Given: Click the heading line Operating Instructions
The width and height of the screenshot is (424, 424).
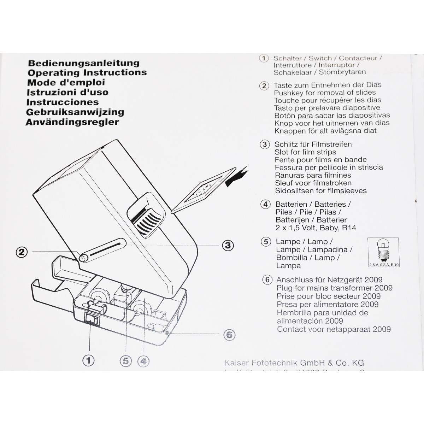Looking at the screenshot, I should coord(87,72).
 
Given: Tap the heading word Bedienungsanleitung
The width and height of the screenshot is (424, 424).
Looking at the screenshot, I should coord(84,63).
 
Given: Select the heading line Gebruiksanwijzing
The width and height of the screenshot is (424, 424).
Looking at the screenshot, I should coord(75,112).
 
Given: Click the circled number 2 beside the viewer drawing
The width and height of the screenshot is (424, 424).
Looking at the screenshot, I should coord(22,252).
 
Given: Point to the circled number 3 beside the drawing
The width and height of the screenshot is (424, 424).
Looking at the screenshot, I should coord(228,245).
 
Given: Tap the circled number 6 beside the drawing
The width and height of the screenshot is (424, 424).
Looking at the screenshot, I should coord(229,334).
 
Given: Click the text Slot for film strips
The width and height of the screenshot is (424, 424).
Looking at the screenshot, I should coord(305,152).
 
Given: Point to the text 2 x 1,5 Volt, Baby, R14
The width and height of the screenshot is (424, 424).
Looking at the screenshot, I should coord(316,228).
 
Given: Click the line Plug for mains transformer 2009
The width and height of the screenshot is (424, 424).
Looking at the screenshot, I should coord(334,288).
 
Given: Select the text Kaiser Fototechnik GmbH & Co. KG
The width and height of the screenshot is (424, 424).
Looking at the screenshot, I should coord(294,363).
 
